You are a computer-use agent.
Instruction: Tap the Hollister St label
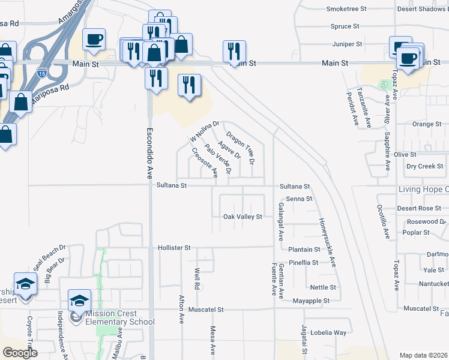click(x=173, y=247)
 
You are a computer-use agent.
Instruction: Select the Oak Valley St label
click(x=243, y=217)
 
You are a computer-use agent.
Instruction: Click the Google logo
click(x=20, y=353)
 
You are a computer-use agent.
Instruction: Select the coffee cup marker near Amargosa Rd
click(x=94, y=40)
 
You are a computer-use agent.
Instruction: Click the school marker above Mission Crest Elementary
click(x=79, y=300)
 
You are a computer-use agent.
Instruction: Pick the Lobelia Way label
click(x=331, y=332)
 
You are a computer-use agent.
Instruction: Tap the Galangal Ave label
click(x=280, y=221)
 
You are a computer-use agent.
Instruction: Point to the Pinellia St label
click(x=320, y=263)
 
